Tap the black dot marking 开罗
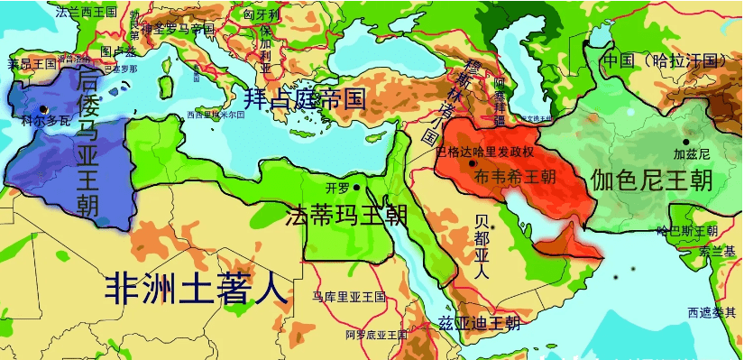[x=357, y=188]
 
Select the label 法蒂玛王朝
[x=346, y=217]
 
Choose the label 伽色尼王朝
[x=651, y=180]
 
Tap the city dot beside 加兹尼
[x=685, y=142]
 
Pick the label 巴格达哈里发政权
[x=485, y=152]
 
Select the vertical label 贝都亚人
[x=482, y=246]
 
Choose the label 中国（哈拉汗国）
[x=664, y=61]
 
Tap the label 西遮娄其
[x=712, y=312]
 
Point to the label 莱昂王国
[x=32, y=64]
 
